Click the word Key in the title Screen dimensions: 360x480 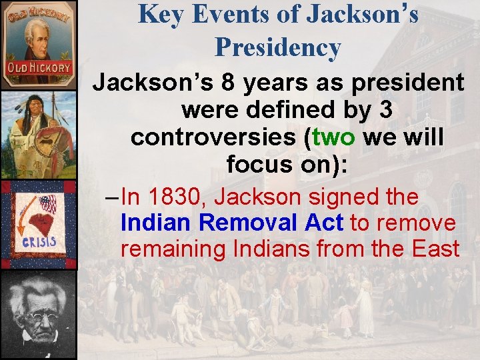(x=160, y=15)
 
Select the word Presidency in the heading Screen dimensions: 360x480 (x=277, y=47)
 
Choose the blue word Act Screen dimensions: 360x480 (x=323, y=223)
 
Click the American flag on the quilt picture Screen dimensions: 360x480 (x=47, y=202)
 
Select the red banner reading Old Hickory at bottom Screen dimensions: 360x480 (x=39, y=68)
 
